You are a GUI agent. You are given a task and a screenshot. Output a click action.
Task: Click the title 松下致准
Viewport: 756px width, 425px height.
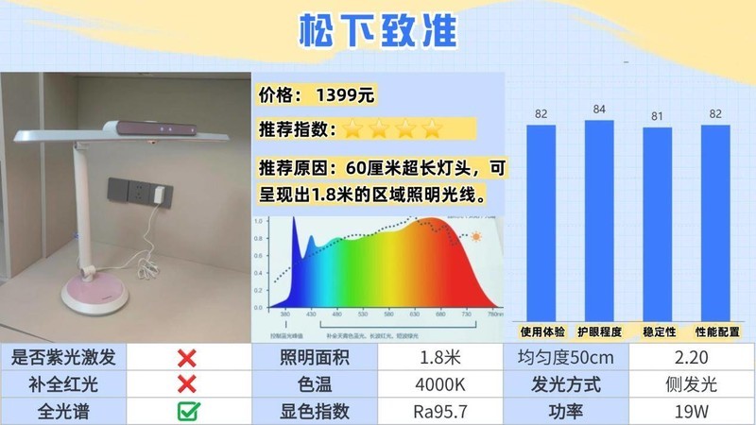(x=377, y=30)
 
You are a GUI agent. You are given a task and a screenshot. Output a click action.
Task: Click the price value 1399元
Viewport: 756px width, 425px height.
(x=346, y=95)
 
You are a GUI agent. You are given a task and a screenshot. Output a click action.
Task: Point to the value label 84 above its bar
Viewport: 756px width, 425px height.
(x=599, y=110)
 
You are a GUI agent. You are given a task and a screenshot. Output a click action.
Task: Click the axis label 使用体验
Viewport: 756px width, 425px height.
(x=541, y=331)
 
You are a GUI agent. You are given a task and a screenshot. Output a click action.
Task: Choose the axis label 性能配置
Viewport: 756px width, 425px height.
(x=715, y=331)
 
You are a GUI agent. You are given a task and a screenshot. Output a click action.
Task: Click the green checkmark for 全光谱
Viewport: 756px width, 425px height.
(x=187, y=411)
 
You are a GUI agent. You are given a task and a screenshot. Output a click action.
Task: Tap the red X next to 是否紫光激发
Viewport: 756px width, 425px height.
(x=187, y=358)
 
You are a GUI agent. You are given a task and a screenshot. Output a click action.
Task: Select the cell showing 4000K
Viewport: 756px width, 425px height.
(x=440, y=384)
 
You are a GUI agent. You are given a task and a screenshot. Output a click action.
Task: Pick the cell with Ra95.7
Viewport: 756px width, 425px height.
(x=440, y=411)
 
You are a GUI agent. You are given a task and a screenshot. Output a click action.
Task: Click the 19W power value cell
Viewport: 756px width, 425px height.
(x=692, y=411)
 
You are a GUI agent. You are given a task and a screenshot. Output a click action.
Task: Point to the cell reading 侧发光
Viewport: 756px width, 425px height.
(x=692, y=384)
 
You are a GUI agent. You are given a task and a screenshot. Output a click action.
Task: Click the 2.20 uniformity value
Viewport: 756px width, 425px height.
(x=692, y=358)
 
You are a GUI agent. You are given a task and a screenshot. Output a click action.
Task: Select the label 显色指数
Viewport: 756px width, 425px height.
(x=314, y=411)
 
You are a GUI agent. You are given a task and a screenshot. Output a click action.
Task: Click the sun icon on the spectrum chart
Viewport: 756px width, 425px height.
(x=476, y=236)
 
